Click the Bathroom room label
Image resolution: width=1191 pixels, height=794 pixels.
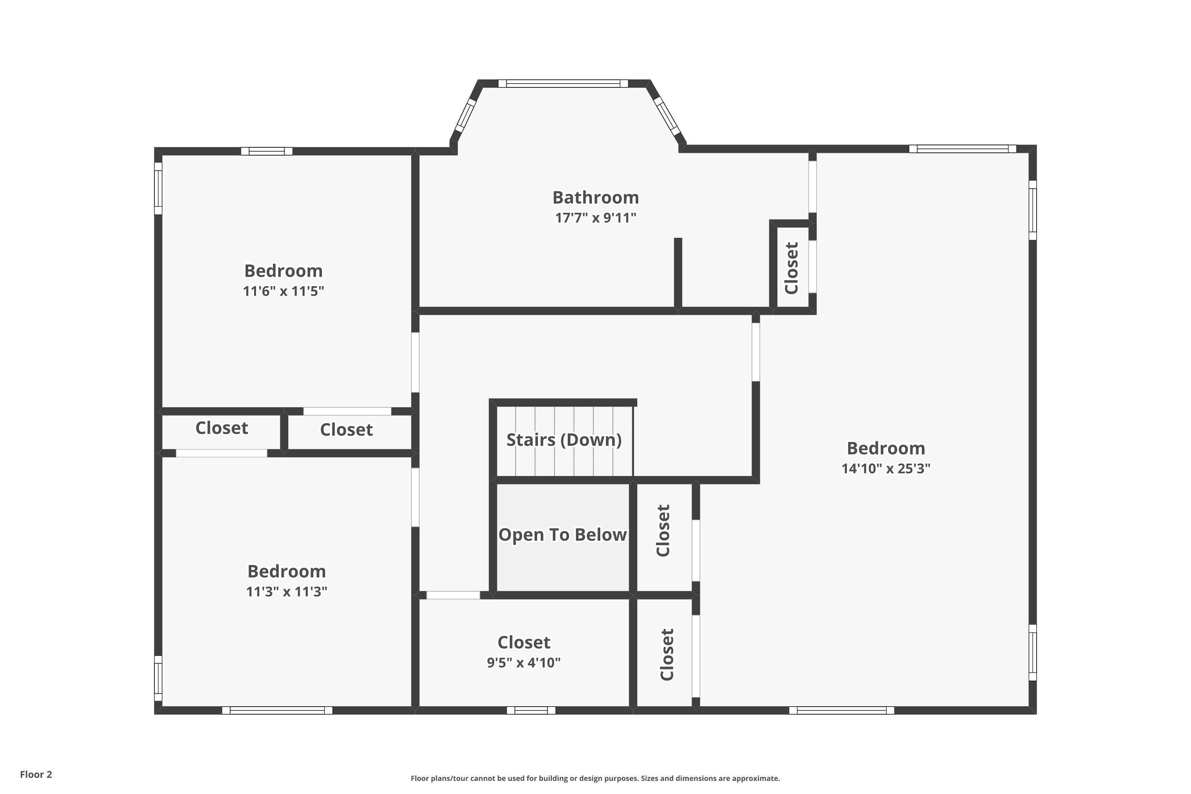pyautogui.click(x=595, y=197)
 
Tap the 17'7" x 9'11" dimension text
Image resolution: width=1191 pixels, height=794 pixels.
pyautogui.click(x=595, y=218)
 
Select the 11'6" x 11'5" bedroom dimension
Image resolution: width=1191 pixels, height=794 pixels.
pyautogui.click(x=283, y=291)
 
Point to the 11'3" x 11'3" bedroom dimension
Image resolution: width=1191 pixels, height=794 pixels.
pyautogui.click(x=286, y=592)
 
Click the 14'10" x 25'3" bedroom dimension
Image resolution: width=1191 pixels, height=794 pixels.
pyautogui.click(x=886, y=468)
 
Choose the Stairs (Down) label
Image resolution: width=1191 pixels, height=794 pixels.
pyautogui.click(x=564, y=439)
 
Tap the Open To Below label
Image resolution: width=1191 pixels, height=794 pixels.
pyautogui.click(x=562, y=535)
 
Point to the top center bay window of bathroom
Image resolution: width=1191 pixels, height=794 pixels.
pyautogui.click(x=563, y=83)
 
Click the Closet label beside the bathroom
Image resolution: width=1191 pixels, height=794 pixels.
pyautogui.click(x=791, y=268)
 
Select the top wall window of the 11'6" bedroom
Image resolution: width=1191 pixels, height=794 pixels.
pyautogui.click(x=266, y=151)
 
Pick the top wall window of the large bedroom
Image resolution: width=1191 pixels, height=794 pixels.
pyautogui.click(x=962, y=149)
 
